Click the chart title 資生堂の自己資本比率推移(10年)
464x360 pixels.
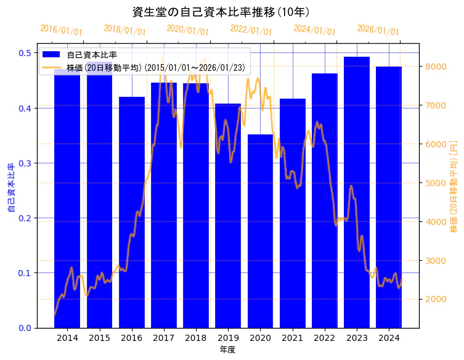click(x=221, y=12)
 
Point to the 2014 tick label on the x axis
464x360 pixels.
click(x=67, y=338)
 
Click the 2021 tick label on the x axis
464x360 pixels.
click(x=292, y=338)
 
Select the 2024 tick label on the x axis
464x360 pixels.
click(x=389, y=338)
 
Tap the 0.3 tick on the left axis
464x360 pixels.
click(x=25, y=163)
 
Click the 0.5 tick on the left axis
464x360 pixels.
click(x=25, y=53)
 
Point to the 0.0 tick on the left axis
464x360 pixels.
click(x=25, y=328)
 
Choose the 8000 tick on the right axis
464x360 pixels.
click(x=433, y=67)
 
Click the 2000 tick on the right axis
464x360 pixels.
click(x=433, y=300)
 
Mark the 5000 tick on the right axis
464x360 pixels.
click(x=433, y=183)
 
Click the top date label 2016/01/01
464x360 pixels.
click(x=61, y=30)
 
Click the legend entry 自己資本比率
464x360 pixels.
click(x=92, y=55)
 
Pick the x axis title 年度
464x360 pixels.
click(x=227, y=350)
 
